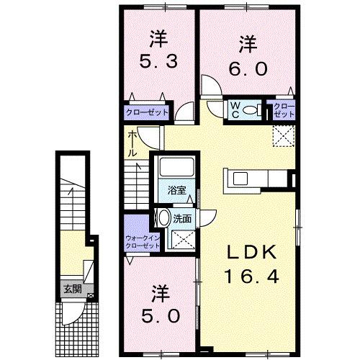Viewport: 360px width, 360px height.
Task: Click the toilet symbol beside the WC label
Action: (253, 109)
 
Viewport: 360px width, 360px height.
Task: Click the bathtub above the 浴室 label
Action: (176, 168)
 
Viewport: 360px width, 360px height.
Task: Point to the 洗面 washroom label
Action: (181, 219)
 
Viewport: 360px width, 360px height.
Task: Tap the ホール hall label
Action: (133, 144)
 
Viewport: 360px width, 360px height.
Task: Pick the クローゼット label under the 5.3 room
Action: (148, 112)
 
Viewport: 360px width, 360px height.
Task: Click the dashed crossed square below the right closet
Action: (282, 135)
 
